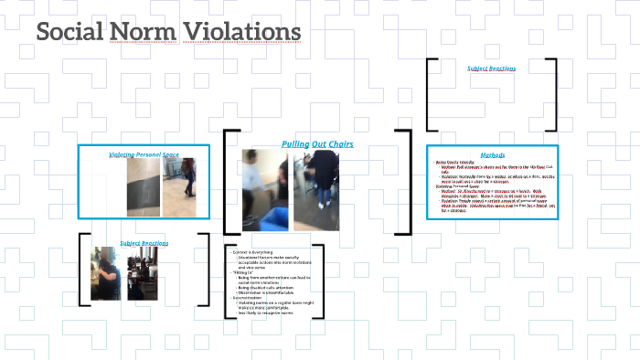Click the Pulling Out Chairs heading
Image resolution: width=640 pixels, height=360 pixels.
tap(316, 144)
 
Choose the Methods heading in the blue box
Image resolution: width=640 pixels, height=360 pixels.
tap(492, 154)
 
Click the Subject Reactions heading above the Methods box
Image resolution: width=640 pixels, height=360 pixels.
tap(492, 69)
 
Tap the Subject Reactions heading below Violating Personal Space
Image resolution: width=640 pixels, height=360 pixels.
tap(144, 243)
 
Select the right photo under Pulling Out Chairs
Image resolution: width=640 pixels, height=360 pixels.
tap(316, 191)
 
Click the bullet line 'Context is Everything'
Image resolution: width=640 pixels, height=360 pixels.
tap(255, 251)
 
